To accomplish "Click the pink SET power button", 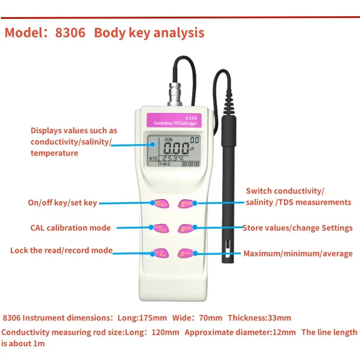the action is point(161,203).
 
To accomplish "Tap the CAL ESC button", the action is point(161,228).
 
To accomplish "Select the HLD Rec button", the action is point(161,252).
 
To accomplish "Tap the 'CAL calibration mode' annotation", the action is point(71,228).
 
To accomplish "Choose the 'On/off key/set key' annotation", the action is point(63,203).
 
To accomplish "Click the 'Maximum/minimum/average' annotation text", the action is point(298,254).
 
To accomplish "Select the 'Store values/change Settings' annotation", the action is point(297,228).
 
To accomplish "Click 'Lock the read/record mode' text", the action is point(62,250).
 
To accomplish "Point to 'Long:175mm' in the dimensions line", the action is point(142,318).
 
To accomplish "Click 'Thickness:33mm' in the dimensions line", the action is point(259,318).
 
